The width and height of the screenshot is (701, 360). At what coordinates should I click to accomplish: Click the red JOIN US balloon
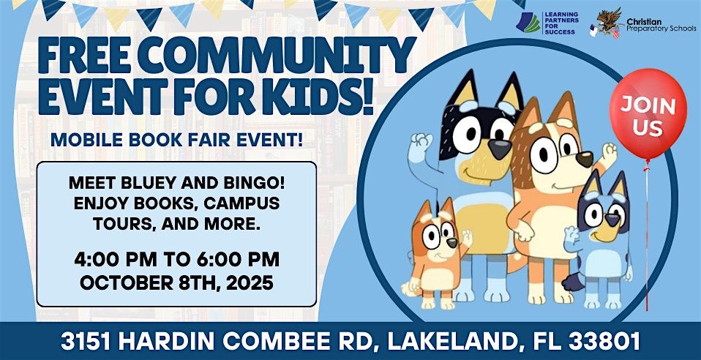click(x=648, y=113)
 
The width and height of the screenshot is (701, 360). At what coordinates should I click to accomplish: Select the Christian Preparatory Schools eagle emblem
click(x=606, y=23)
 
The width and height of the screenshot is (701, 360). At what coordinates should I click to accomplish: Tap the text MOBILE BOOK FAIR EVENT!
click(x=176, y=140)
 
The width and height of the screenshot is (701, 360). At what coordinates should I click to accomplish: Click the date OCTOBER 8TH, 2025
click(x=176, y=282)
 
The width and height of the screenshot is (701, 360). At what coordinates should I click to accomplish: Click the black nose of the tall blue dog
click(x=499, y=148)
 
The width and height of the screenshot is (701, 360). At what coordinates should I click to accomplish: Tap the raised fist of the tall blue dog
click(x=421, y=143)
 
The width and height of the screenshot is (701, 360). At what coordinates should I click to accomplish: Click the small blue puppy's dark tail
click(x=571, y=282)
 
